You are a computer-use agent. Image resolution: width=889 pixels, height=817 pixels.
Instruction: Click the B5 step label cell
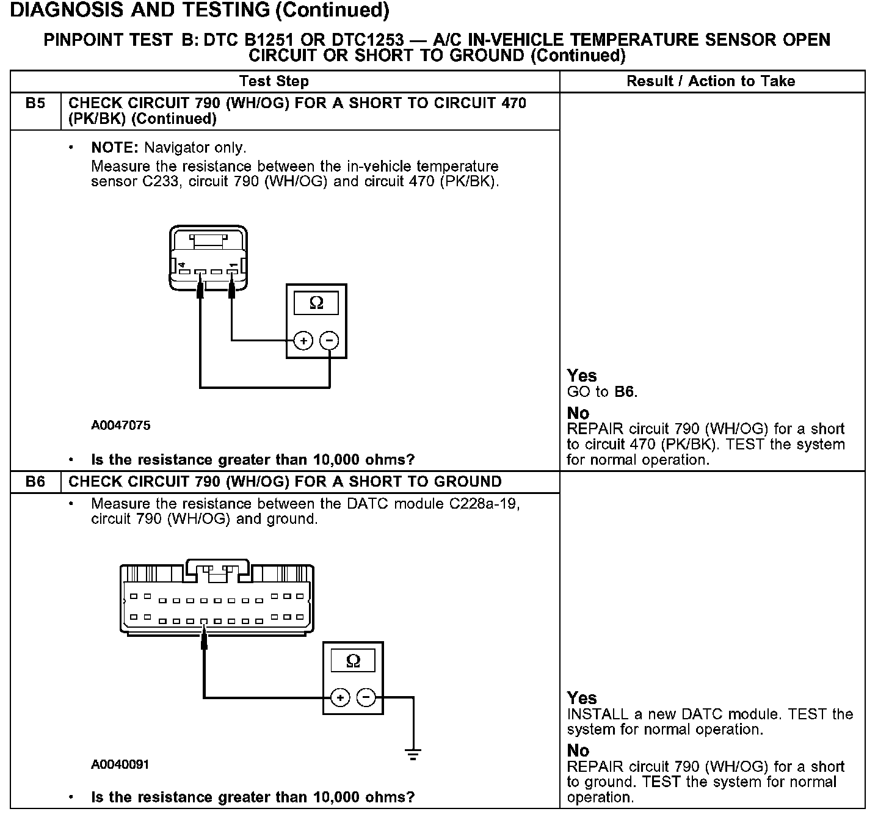click(x=35, y=103)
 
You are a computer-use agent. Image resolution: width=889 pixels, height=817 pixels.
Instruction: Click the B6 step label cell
click(x=35, y=482)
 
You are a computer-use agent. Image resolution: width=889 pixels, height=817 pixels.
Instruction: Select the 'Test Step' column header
click(x=274, y=81)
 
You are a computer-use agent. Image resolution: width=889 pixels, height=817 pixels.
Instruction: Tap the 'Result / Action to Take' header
click(x=711, y=81)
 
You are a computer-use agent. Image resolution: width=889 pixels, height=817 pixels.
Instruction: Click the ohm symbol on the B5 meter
click(x=316, y=303)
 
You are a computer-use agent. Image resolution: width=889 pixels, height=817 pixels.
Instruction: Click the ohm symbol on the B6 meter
click(x=353, y=661)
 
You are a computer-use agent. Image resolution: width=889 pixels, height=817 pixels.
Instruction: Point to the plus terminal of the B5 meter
click(x=303, y=340)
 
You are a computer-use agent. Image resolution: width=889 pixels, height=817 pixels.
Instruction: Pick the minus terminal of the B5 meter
click(x=329, y=340)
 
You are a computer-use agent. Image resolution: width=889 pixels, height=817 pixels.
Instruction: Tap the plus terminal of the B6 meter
click(x=340, y=697)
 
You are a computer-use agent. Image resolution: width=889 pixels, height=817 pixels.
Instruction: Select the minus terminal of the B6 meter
click(x=366, y=697)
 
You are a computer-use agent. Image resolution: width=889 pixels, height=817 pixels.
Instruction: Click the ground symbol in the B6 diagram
click(x=413, y=755)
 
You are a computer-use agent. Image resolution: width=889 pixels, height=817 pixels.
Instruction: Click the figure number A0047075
click(x=120, y=426)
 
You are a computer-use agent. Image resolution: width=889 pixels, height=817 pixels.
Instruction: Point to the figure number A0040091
click(x=120, y=764)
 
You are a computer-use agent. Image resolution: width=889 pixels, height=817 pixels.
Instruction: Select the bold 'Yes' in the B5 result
click(x=581, y=376)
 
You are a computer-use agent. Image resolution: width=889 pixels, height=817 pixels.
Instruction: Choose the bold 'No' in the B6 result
click(x=578, y=750)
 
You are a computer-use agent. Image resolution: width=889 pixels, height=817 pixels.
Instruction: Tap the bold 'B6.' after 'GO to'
click(x=626, y=392)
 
